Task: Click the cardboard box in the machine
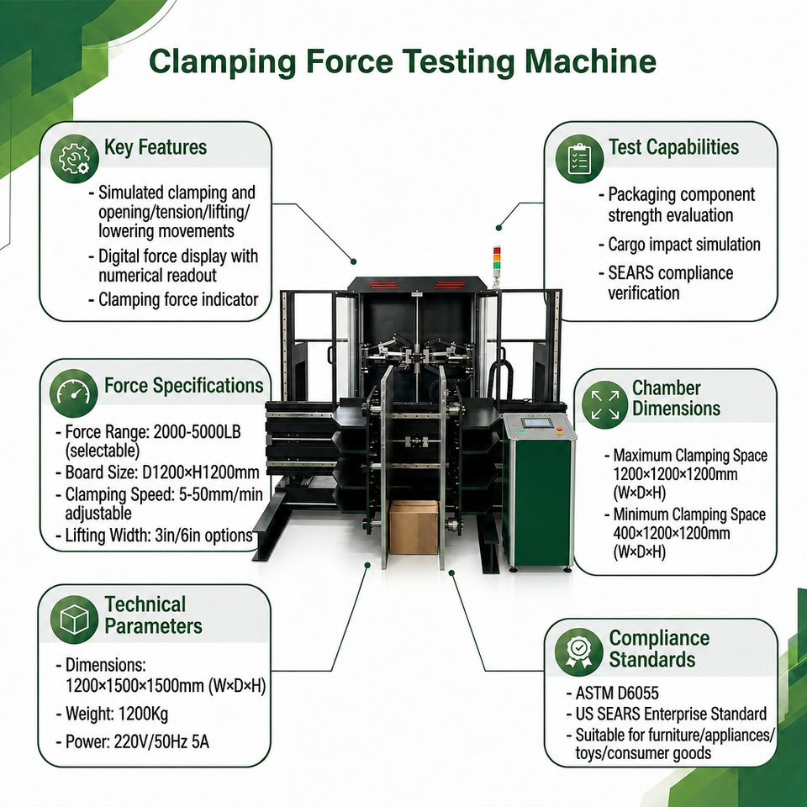click(414, 527)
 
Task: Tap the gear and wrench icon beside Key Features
click(75, 159)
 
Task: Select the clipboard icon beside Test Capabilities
click(579, 159)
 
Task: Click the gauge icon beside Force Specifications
click(74, 393)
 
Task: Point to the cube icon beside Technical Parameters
click(75, 620)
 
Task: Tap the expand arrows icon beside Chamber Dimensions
click(605, 404)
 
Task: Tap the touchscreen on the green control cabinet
click(536, 423)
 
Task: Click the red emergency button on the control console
click(560, 430)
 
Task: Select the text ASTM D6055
click(617, 694)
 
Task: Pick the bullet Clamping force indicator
click(173, 299)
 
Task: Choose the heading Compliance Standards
click(659, 648)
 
